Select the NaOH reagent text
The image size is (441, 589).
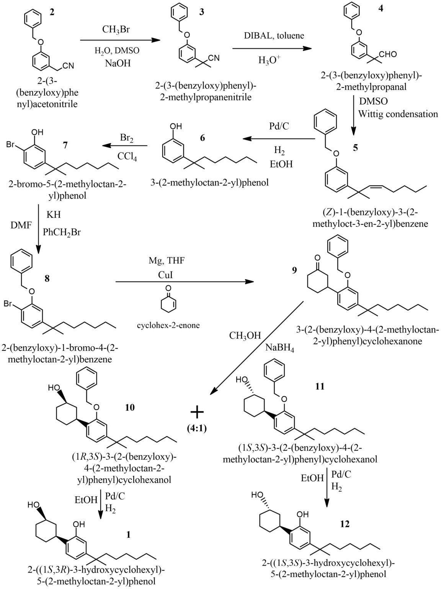click(x=117, y=63)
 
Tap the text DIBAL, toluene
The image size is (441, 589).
click(x=273, y=36)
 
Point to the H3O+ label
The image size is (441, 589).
click(x=270, y=60)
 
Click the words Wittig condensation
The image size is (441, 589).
click(x=398, y=114)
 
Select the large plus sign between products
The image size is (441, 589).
click(x=197, y=413)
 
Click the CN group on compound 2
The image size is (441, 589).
click(x=69, y=66)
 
